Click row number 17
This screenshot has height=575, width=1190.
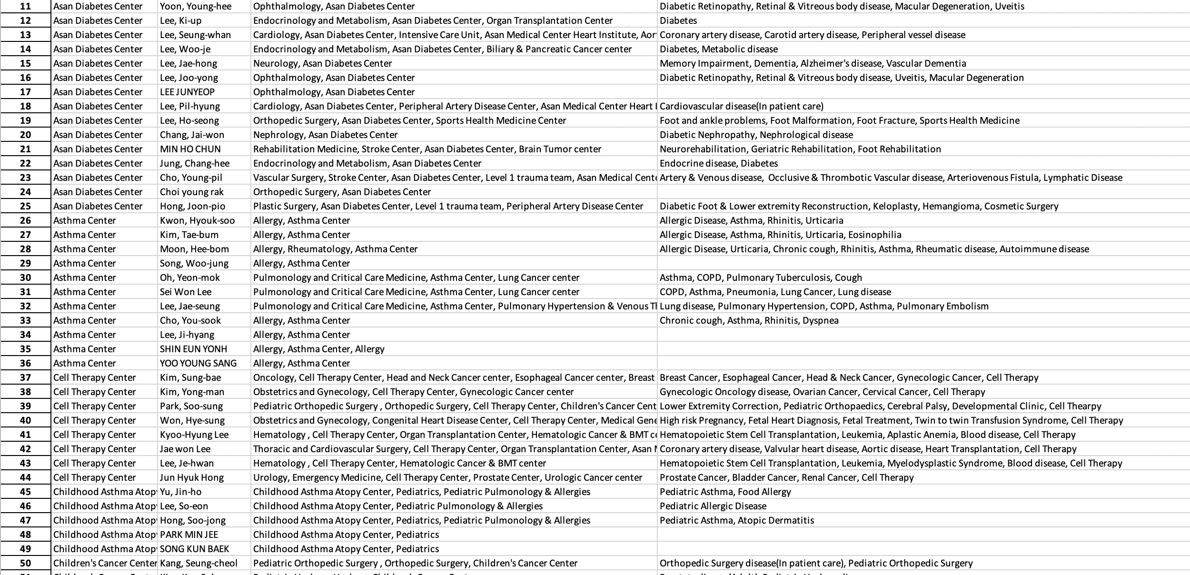[25, 92]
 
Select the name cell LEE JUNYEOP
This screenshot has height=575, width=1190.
[187, 92]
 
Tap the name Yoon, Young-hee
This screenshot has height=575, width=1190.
[196, 6]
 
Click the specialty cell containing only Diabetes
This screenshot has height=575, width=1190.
[678, 20]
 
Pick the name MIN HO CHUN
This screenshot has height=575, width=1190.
[190, 149]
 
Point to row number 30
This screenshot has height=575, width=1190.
[25, 278]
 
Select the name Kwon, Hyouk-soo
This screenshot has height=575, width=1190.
[197, 220]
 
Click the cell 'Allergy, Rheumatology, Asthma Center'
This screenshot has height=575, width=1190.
[335, 249]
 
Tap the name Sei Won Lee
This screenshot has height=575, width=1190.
[186, 292]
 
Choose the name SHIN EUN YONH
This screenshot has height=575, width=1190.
[193, 349]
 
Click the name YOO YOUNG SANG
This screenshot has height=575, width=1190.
[198, 363]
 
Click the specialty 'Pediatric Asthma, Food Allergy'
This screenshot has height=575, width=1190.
[725, 492]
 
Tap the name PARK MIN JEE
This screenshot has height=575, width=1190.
[189, 535]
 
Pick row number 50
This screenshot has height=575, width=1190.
[25, 563]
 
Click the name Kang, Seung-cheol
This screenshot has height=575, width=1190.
[198, 563]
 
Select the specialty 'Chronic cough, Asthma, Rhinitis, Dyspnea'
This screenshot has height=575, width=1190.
[749, 320]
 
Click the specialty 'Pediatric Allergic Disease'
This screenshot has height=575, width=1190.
[713, 506]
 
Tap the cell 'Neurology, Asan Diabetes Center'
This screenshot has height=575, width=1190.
[322, 63]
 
